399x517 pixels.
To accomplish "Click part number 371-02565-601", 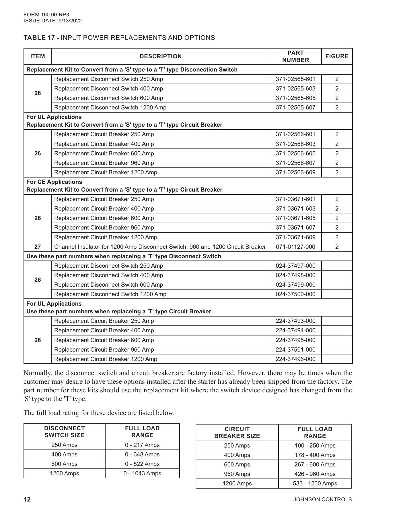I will (x=295, y=79).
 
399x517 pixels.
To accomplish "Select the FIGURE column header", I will (x=337, y=56).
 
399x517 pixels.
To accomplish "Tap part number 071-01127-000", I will (x=295, y=247).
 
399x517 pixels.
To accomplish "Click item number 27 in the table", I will (x=38, y=247).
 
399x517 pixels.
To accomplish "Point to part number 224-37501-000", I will (x=295, y=350).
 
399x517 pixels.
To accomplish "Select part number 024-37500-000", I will (x=295, y=294).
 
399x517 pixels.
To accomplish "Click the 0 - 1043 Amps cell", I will (x=142, y=473).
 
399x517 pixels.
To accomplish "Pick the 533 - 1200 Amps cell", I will (x=315, y=483).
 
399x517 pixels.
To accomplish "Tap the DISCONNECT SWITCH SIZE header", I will (x=64, y=432).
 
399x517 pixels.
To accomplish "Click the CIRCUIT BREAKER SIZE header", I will (x=237, y=433).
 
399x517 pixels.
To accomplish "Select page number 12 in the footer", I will (x=27, y=499).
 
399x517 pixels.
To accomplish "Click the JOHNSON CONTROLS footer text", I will (x=322, y=499).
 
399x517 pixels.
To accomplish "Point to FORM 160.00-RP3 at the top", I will (x=46, y=15).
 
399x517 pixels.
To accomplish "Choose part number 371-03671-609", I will (x=295, y=237).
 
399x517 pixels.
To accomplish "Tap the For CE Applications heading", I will (x=54, y=182).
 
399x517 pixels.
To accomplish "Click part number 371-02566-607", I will (x=295, y=163).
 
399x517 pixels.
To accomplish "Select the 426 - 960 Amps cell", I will (x=315, y=474).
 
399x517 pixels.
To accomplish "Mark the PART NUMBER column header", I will (x=295, y=56).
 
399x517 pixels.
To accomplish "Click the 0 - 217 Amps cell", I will (x=142, y=445).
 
